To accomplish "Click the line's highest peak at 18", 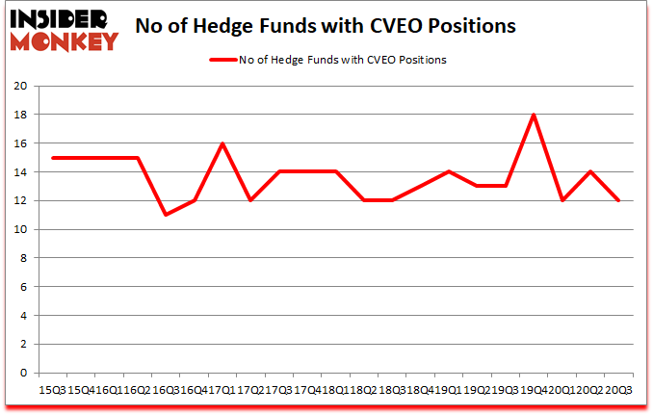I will point(533,115).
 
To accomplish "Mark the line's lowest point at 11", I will point(166,215).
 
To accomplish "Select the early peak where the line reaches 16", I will point(222,143).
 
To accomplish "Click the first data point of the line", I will point(52,158).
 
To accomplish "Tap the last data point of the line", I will point(618,200).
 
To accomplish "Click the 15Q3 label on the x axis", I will point(52,389).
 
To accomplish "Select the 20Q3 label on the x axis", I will point(618,389).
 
